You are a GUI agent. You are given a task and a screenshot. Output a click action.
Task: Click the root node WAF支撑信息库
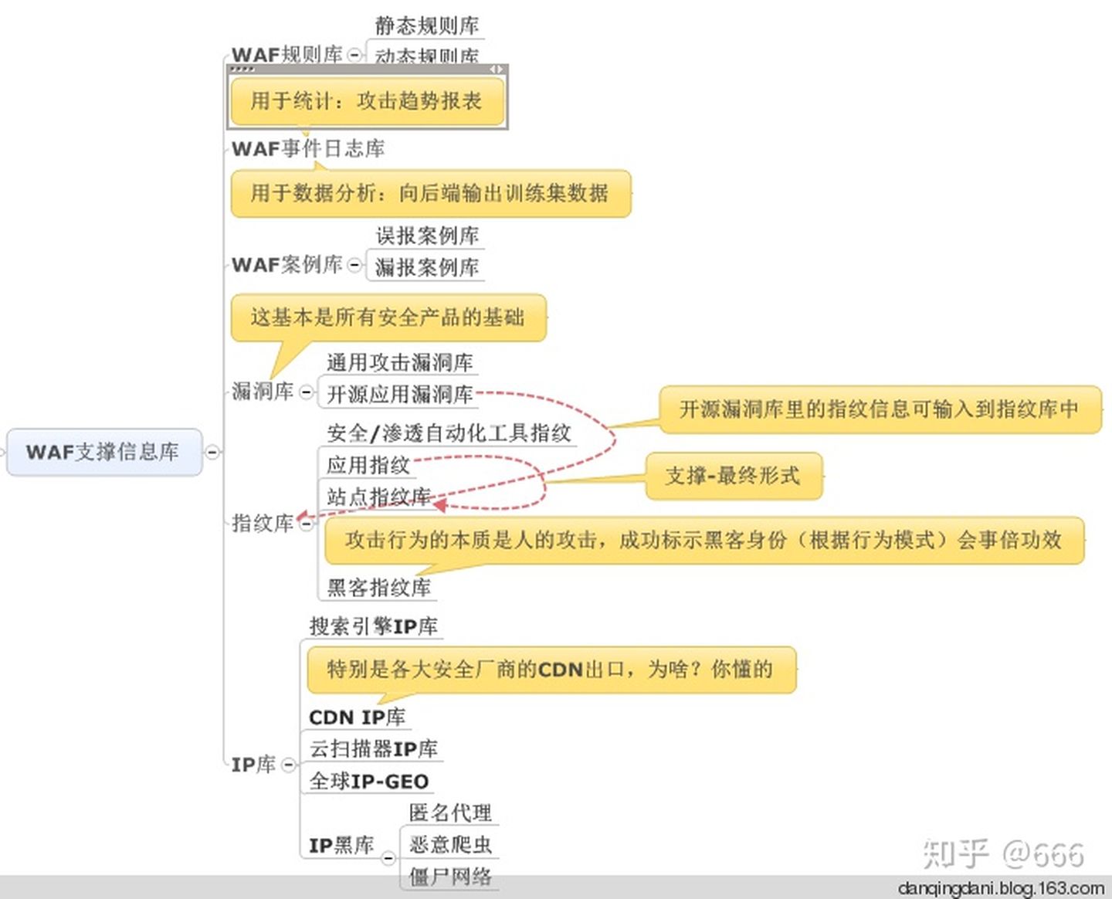click(103, 452)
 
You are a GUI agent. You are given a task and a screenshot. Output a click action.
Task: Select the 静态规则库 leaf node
click(427, 25)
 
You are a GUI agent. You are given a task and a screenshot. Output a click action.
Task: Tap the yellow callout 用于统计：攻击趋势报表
click(366, 101)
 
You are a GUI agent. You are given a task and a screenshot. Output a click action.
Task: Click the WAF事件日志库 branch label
click(308, 148)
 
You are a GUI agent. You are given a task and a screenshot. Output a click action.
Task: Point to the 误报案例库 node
click(427, 236)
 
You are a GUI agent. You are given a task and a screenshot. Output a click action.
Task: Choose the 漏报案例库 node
click(427, 267)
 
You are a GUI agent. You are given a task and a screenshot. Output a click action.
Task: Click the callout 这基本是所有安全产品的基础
click(388, 317)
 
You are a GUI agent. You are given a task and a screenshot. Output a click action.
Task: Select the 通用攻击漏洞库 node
click(399, 362)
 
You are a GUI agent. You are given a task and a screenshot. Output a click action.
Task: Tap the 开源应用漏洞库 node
click(399, 394)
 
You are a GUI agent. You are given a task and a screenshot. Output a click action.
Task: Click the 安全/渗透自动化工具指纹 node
click(449, 433)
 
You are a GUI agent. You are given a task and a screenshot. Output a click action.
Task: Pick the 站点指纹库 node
click(378, 497)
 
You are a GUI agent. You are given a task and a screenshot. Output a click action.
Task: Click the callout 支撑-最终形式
click(733, 476)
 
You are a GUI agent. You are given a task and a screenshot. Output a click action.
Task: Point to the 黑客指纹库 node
click(378, 588)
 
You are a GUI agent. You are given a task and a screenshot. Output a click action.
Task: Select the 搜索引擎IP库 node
click(374, 626)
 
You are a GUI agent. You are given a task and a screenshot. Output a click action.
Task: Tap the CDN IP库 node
click(357, 718)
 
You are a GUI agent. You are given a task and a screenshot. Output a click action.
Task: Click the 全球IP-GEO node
click(369, 782)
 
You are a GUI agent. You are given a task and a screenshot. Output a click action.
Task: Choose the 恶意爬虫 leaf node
click(450, 844)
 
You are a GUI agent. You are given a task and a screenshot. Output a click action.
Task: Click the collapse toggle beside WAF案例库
click(354, 265)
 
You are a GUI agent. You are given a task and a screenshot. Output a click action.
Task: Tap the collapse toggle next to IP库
click(288, 765)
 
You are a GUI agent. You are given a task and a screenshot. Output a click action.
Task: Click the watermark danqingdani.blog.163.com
click(1001, 888)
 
